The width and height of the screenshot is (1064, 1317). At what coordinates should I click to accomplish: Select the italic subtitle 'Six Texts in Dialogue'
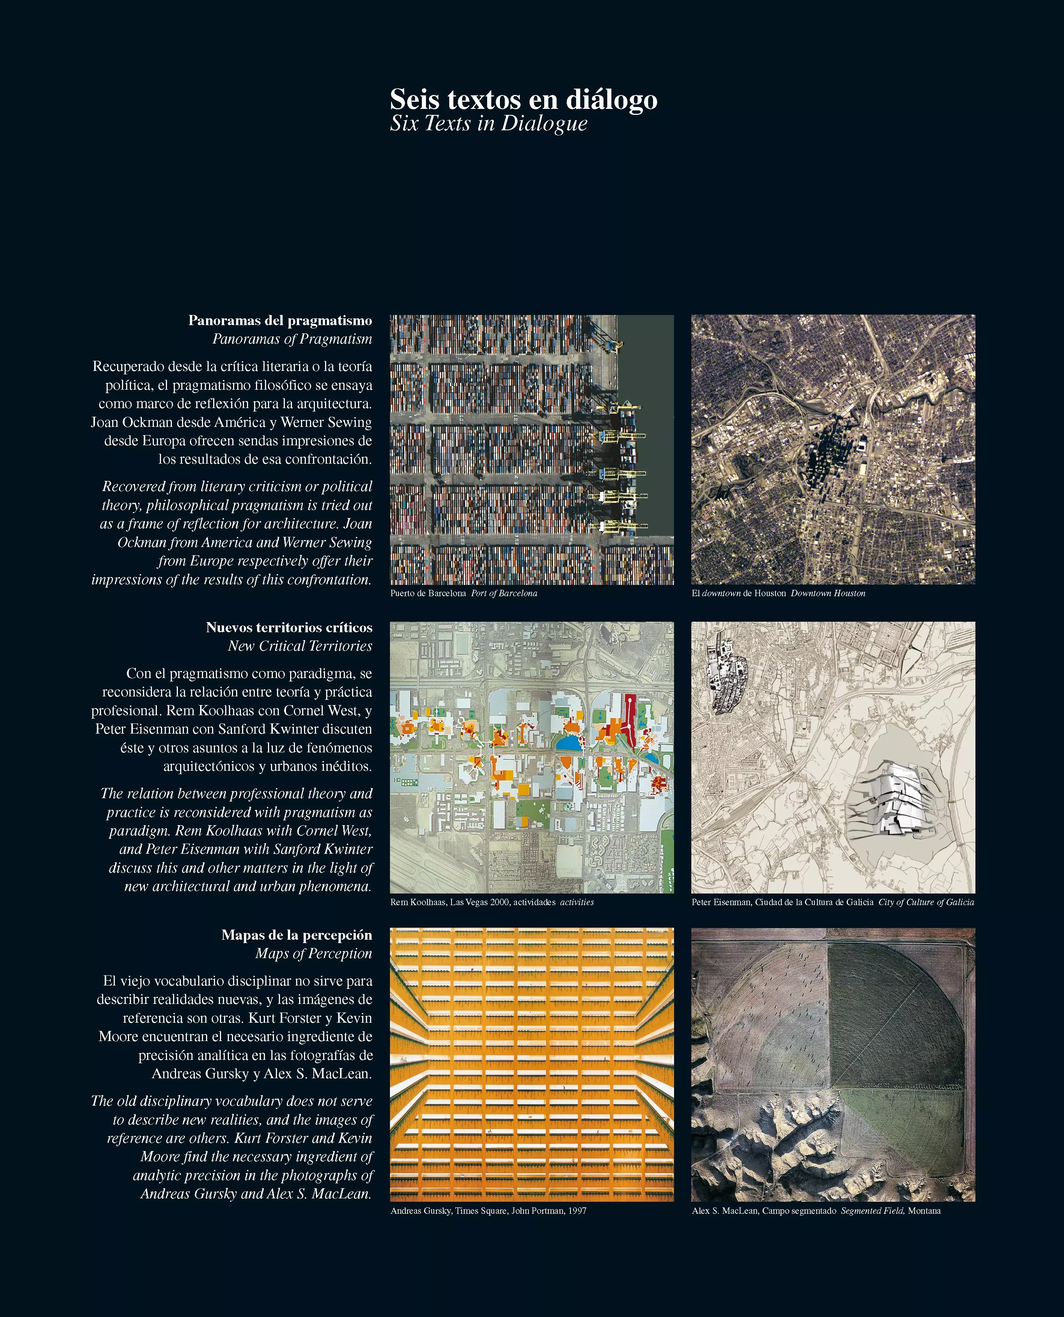coord(489,124)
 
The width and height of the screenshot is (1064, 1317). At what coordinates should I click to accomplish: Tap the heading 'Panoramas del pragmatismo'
coord(280,320)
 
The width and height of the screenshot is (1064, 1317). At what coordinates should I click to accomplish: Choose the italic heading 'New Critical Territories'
coord(300,646)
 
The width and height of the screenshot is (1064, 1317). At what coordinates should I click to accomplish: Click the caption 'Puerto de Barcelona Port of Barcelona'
coord(464,594)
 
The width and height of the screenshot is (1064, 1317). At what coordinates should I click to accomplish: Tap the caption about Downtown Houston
coord(778,594)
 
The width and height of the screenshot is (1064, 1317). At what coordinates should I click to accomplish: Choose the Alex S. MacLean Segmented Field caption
coord(816,1210)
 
